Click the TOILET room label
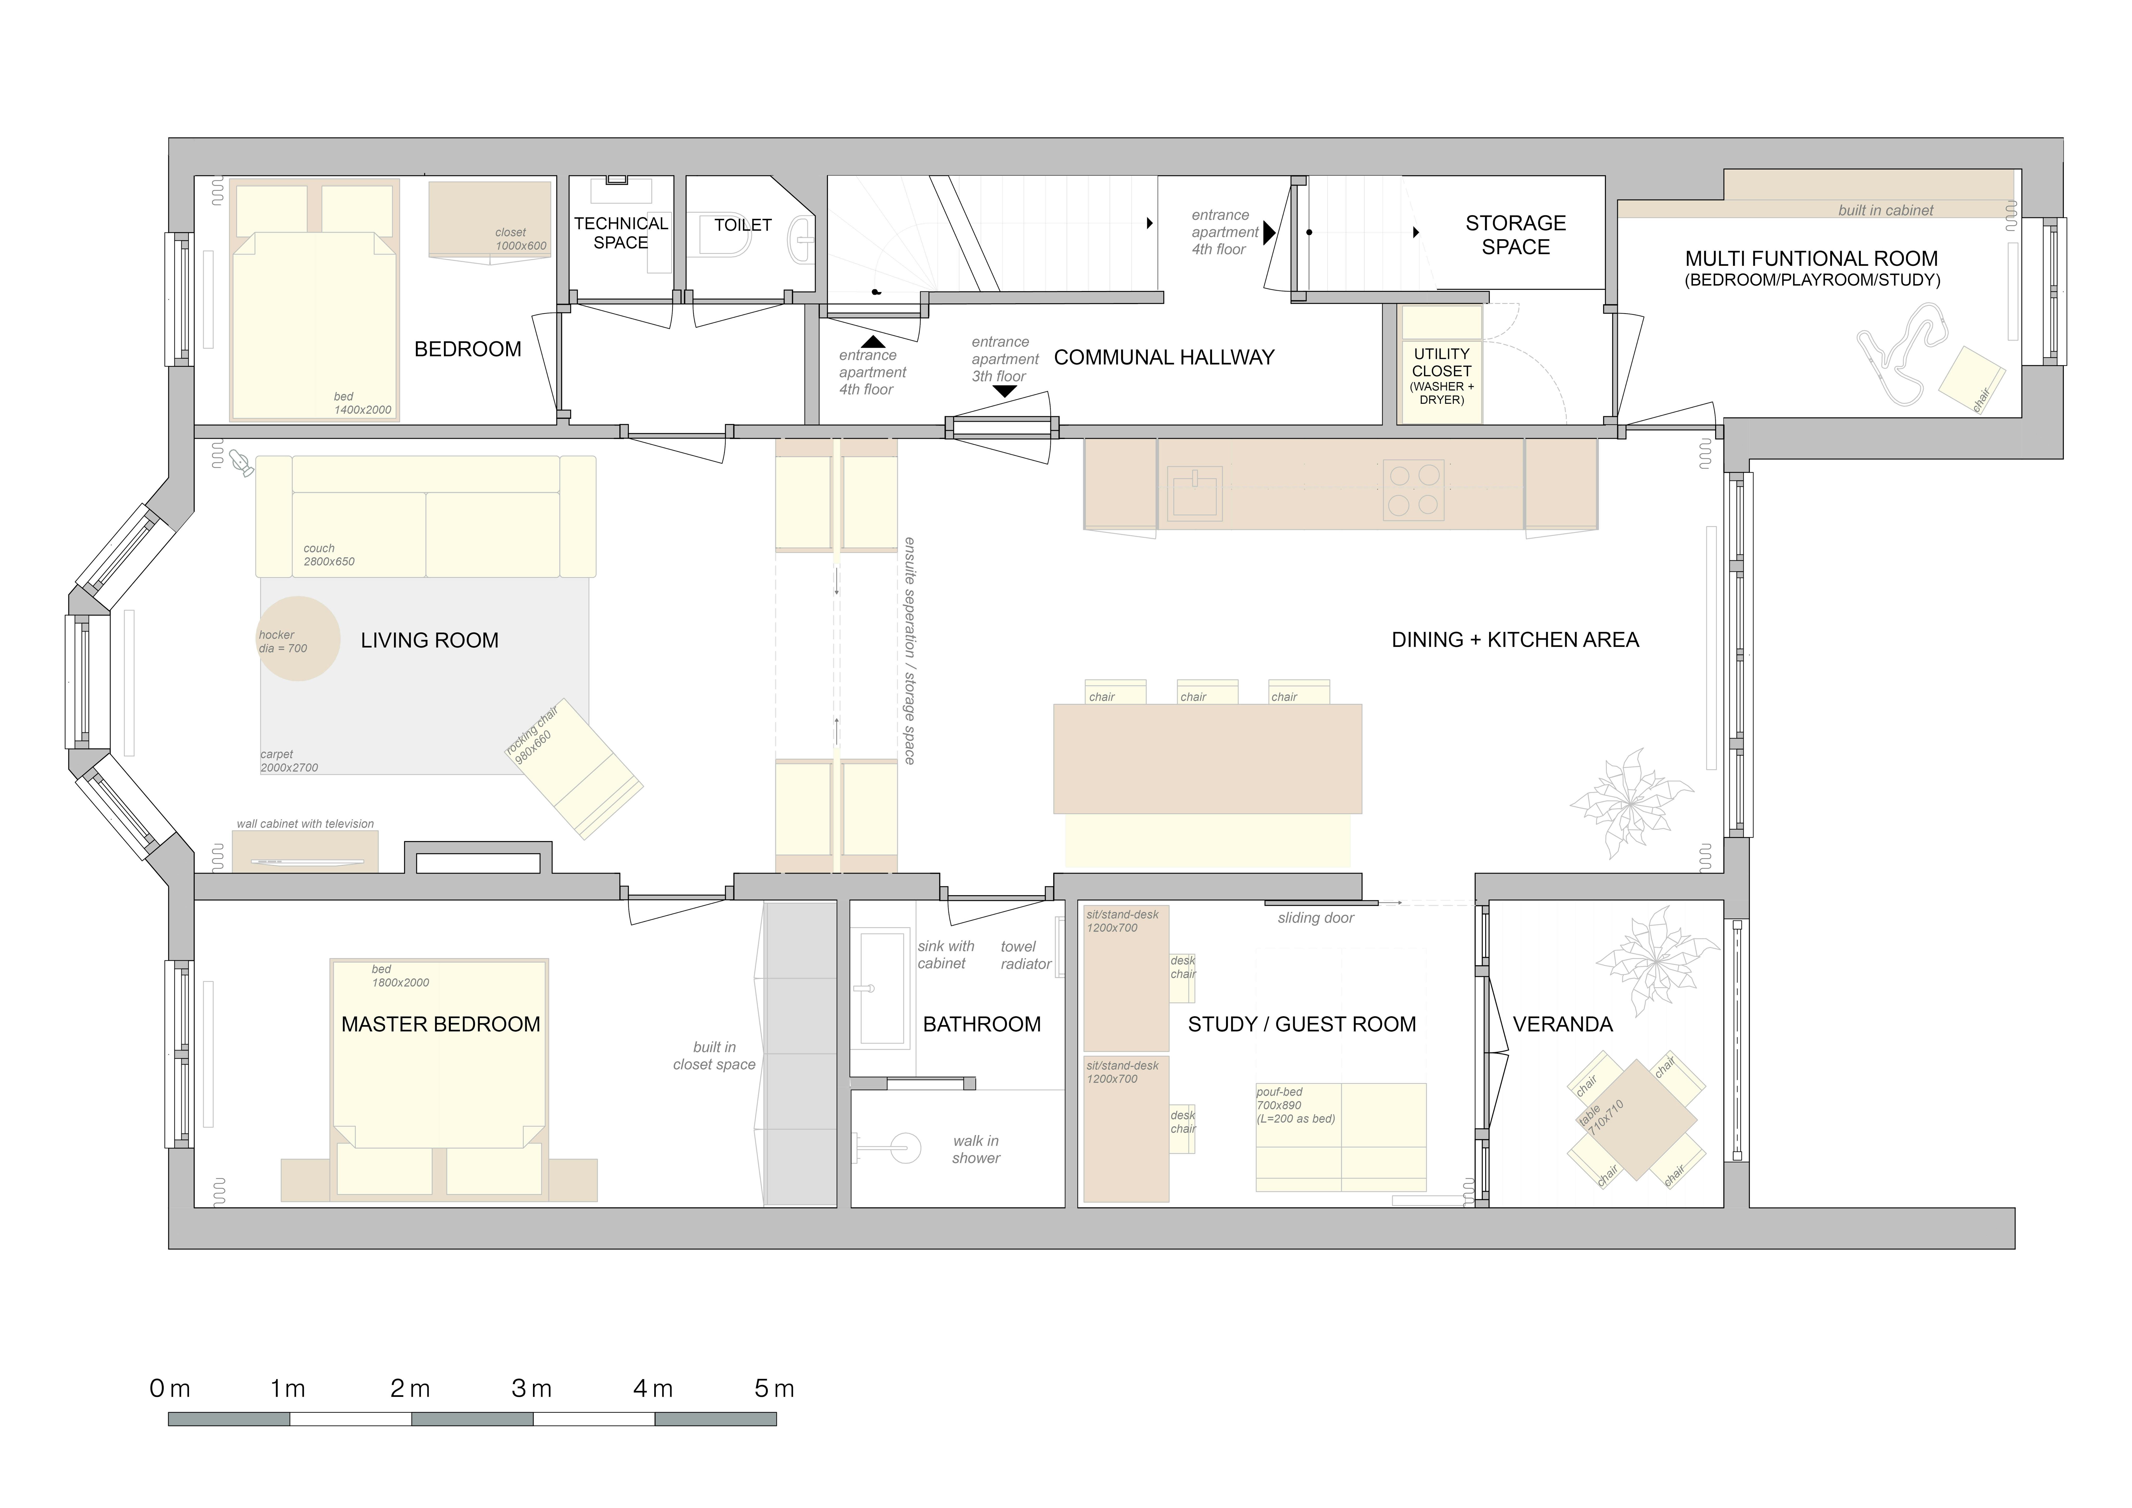coord(743,225)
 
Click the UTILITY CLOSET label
coord(1441,362)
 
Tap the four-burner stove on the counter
coord(1413,489)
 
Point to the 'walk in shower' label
coord(976,1150)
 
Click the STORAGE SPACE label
coord(1515,235)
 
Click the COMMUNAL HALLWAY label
coord(1164,357)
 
